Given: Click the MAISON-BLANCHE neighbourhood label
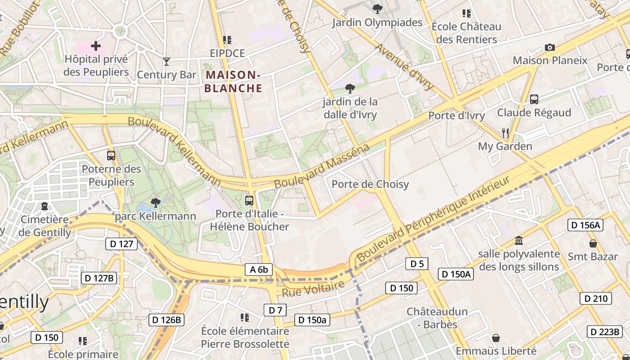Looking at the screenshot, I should click(233, 81).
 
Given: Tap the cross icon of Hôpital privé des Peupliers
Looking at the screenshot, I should click(96, 45).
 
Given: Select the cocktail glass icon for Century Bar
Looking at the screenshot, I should click(167, 62).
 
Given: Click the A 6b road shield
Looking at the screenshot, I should click(259, 270).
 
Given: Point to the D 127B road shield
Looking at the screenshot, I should click(99, 278).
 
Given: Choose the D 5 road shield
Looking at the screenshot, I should click(417, 264).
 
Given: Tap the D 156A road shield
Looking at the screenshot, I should click(585, 225).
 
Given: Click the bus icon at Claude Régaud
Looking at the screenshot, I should click(534, 99).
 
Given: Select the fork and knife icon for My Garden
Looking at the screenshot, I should click(505, 133).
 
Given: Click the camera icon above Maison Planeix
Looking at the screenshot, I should click(549, 47).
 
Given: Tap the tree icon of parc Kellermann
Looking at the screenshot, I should click(155, 202).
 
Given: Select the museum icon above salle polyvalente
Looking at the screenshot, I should click(519, 240).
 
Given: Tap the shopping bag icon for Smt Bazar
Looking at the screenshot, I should click(593, 243).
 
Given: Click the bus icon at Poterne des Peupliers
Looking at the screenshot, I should click(111, 156).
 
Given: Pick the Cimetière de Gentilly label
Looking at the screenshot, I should click(45, 226).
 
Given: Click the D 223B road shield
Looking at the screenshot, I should click(604, 332).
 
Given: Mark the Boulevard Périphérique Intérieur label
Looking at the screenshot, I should click(434, 219).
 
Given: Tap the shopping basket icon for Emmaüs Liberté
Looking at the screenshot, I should click(496, 337).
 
